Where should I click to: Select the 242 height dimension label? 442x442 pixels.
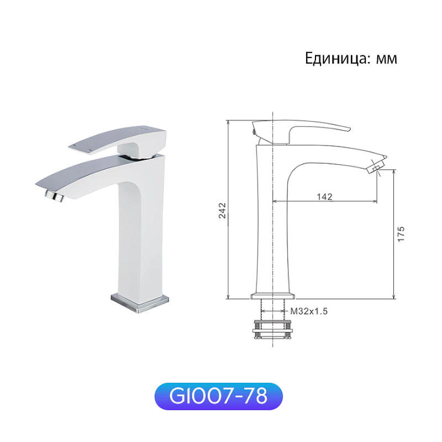point(222,210)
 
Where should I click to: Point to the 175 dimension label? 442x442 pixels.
point(401,233)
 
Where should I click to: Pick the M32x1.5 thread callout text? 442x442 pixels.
point(309,311)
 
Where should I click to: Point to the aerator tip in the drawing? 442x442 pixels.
point(376,167)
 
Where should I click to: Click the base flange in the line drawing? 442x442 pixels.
point(272,296)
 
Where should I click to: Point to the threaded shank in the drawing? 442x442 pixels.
point(272,309)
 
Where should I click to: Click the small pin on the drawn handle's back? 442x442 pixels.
point(254,131)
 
